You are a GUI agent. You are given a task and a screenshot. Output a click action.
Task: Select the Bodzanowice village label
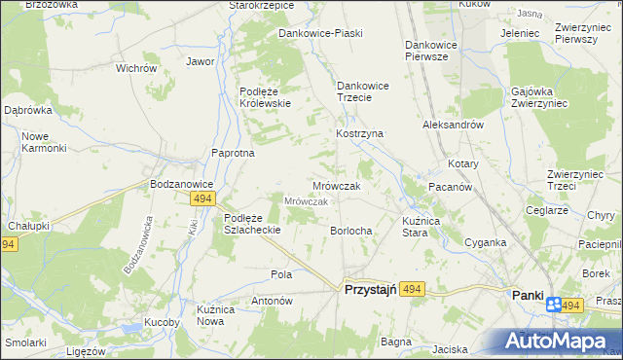click(x=181, y=183)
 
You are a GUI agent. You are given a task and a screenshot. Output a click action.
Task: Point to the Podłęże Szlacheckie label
click(x=252, y=224)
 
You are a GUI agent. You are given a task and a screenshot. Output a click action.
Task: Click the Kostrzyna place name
click(x=360, y=133)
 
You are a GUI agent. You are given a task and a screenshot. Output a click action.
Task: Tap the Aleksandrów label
click(x=453, y=126)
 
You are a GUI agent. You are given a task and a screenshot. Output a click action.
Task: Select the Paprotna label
click(x=234, y=153)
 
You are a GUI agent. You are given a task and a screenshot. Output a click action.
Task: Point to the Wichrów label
click(x=136, y=69)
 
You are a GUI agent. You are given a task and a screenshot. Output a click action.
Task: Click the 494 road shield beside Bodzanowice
click(x=202, y=198)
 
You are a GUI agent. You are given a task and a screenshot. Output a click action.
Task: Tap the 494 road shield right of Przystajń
click(x=413, y=289)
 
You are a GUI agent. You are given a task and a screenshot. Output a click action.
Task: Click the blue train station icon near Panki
click(x=553, y=305)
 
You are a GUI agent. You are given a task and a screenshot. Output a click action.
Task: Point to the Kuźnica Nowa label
click(x=217, y=314)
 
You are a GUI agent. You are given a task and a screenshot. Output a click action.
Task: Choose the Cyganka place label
click(x=485, y=242)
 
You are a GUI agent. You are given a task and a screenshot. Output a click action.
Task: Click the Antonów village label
click(x=273, y=301)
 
